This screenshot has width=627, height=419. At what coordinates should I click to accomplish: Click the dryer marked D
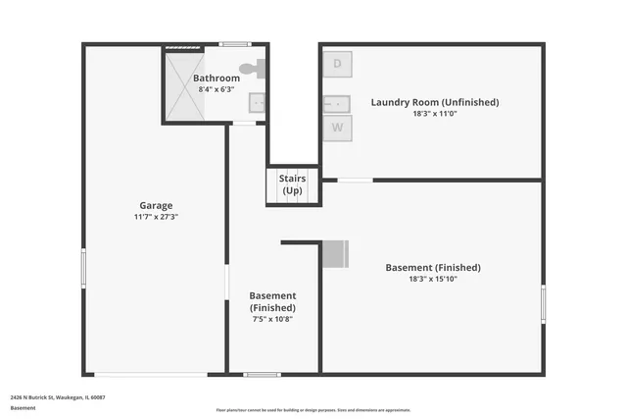click(338, 64)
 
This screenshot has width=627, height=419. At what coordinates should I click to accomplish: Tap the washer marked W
click(338, 127)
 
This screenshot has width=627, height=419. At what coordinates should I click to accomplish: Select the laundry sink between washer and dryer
click(338, 103)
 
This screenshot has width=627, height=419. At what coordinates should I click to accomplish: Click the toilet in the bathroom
click(258, 69)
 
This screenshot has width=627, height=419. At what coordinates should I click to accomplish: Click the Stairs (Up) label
click(292, 184)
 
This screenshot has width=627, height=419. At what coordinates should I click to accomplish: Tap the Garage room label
click(156, 206)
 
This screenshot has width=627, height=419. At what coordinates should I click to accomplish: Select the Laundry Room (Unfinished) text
click(434, 102)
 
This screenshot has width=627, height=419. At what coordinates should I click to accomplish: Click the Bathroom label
click(216, 79)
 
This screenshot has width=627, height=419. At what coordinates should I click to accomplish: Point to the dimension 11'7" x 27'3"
click(156, 217)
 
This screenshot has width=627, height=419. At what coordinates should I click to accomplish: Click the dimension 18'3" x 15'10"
click(433, 279)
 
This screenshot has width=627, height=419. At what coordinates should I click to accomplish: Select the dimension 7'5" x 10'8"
click(272, 318)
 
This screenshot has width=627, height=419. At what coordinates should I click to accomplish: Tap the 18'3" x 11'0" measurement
click(434, 114)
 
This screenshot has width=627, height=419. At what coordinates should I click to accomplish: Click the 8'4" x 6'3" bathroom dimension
click(216, 89)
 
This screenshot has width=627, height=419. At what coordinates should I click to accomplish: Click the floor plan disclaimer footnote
click(313, 410)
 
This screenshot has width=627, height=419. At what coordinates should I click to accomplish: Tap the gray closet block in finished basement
click(335, 253)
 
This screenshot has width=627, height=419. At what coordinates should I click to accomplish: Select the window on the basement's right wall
click(543, 302)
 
